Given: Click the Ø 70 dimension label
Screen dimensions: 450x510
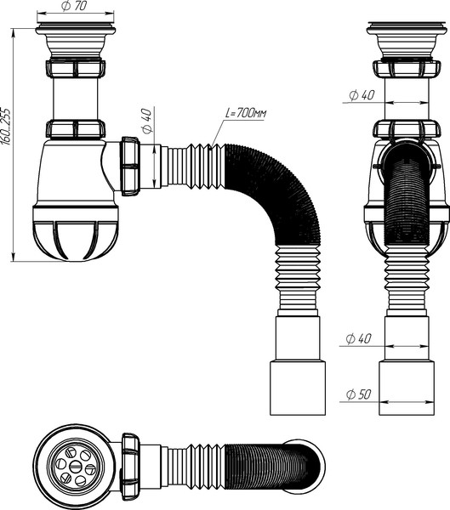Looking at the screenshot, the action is (74, 7).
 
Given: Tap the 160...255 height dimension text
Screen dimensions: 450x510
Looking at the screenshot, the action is (6, 126).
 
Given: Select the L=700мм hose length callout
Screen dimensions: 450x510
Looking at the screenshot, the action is (246, 113).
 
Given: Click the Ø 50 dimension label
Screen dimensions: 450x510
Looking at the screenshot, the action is (358, 394).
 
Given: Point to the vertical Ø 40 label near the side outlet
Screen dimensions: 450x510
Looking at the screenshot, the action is (147, 121).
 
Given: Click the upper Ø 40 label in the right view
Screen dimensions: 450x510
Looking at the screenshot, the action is (362, 95).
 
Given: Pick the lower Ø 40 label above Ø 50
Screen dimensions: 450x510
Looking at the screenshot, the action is (358, 338).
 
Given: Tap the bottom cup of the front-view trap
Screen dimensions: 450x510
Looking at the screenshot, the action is (75, 233).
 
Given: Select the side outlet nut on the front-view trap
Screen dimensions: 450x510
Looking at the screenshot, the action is (131, 166).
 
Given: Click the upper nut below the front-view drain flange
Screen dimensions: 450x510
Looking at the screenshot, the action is (76, 68).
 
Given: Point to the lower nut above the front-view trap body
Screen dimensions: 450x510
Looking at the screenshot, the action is (76, 129).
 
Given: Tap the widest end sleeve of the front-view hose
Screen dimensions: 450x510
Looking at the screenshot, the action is (298, 387).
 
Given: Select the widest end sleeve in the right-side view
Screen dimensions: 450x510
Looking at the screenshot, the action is (407, 387).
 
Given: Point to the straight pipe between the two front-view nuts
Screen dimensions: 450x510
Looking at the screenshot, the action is (76, 99).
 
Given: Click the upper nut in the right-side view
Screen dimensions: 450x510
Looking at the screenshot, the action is (407, 70).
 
